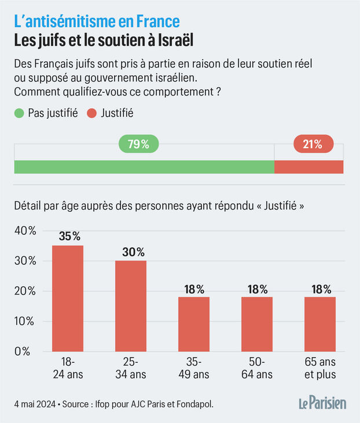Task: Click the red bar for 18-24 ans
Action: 68,298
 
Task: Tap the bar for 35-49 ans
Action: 194,323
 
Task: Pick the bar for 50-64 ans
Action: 257,323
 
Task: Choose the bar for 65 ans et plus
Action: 320,323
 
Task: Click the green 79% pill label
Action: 138,145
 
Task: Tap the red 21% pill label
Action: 312,145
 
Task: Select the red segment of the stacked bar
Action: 308,167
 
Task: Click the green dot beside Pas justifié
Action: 19,113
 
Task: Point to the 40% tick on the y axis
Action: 24,231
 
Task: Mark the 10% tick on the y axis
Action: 24,321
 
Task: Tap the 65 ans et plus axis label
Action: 320,368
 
